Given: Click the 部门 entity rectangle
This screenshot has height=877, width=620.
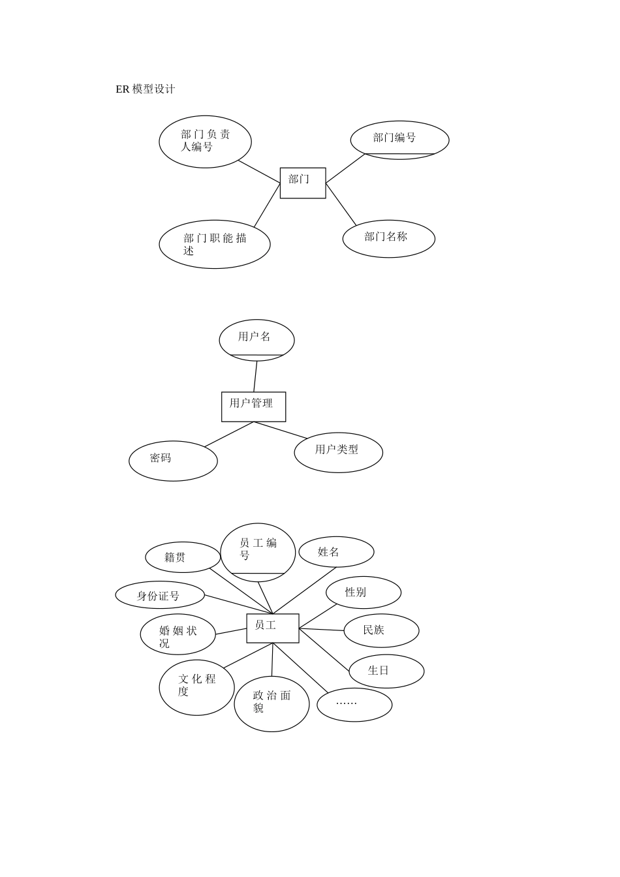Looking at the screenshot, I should coord(303,183).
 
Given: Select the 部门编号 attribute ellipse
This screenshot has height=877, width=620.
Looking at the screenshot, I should coord(399,140).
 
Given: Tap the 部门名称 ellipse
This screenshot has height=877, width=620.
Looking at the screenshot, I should coord(388,239).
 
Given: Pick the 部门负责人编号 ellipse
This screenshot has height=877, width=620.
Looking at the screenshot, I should coord(205,142).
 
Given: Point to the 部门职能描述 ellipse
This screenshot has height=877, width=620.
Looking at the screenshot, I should coord(214,244).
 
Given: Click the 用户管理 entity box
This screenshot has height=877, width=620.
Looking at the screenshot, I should coord(253,407).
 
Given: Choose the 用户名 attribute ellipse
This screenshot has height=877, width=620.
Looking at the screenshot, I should coord(256,340).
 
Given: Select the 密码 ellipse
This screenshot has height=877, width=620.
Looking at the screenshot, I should coord(173,461).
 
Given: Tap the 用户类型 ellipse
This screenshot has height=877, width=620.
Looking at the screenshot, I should coord(338,452).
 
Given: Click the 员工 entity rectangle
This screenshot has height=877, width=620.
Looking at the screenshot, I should coord(272,628).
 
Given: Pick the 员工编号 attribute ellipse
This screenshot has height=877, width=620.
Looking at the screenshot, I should coord(258,552).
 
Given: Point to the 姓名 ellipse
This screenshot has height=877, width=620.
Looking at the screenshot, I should coord(336,552).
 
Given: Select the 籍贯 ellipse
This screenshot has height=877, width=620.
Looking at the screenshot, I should coord(183,557).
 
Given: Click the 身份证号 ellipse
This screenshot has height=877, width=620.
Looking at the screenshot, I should coord(160,595).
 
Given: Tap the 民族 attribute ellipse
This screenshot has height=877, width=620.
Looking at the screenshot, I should coord(381,630).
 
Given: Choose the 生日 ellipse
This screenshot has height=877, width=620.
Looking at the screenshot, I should coord(386,671).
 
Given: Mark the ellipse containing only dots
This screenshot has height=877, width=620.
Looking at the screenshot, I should coord(354,705).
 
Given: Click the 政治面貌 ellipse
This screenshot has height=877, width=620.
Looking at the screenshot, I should coord(271,703).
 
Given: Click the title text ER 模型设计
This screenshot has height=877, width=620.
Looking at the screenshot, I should coord(146,89).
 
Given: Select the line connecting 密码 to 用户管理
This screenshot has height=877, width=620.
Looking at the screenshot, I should coord(228,435).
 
